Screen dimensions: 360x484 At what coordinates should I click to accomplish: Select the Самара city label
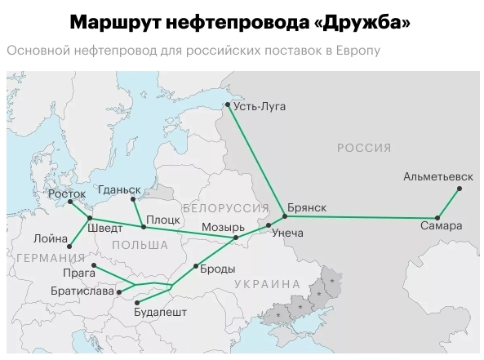coord(442,225)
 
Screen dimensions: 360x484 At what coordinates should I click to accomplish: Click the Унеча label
coord(286,233)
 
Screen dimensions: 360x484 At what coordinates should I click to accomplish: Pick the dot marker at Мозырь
coord(236,238)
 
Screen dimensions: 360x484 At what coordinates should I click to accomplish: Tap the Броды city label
coord(218,269)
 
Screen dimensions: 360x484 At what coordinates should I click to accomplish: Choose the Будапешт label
coord(160,312)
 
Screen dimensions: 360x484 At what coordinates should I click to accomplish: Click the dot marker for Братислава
coord(119,291)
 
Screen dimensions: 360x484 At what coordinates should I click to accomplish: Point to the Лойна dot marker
coord(72,245)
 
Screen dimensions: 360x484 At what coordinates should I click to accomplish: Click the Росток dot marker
coord(71,202)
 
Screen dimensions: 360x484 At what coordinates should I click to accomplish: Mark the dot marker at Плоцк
coord(143,226)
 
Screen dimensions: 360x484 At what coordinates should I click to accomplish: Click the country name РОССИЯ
coord(363,148)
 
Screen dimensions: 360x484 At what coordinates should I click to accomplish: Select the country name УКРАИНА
coord(267,284)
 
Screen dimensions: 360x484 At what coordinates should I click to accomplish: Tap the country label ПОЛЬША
coord(140,245)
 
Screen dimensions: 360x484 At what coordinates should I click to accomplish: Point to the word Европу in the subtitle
coord(356,51)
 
